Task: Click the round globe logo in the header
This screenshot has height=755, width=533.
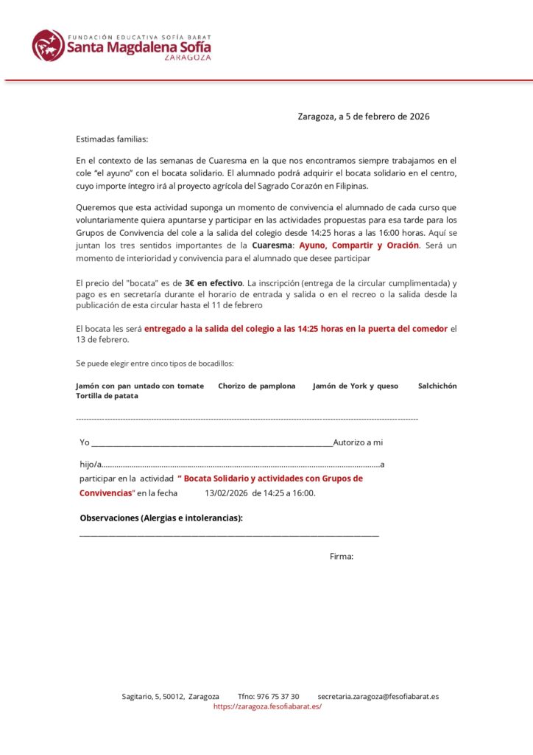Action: [48, 45]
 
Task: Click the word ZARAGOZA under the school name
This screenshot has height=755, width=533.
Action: [188, 57]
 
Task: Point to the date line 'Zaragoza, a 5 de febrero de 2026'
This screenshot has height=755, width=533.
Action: [364, 116]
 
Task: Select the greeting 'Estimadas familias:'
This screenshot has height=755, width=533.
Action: [112, 139]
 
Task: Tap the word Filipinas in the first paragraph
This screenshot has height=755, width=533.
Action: [347, 186]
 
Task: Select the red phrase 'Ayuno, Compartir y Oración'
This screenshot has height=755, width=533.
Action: [359, 245]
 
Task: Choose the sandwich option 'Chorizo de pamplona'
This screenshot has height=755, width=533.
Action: [257, 386]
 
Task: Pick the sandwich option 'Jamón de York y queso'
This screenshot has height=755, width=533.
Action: [356, 386]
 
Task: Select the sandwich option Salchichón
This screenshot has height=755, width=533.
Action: [437, 386]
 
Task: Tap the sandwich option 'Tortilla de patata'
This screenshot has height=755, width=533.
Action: [107, 396]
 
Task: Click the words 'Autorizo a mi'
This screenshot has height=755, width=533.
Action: [359, 442]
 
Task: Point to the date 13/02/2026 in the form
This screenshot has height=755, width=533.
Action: [226, 493]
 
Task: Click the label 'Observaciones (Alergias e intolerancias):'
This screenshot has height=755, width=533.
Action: [161, 518]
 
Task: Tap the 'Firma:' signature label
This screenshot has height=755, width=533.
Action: [342, 557]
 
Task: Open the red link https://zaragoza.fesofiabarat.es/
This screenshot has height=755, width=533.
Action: [267, 706]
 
